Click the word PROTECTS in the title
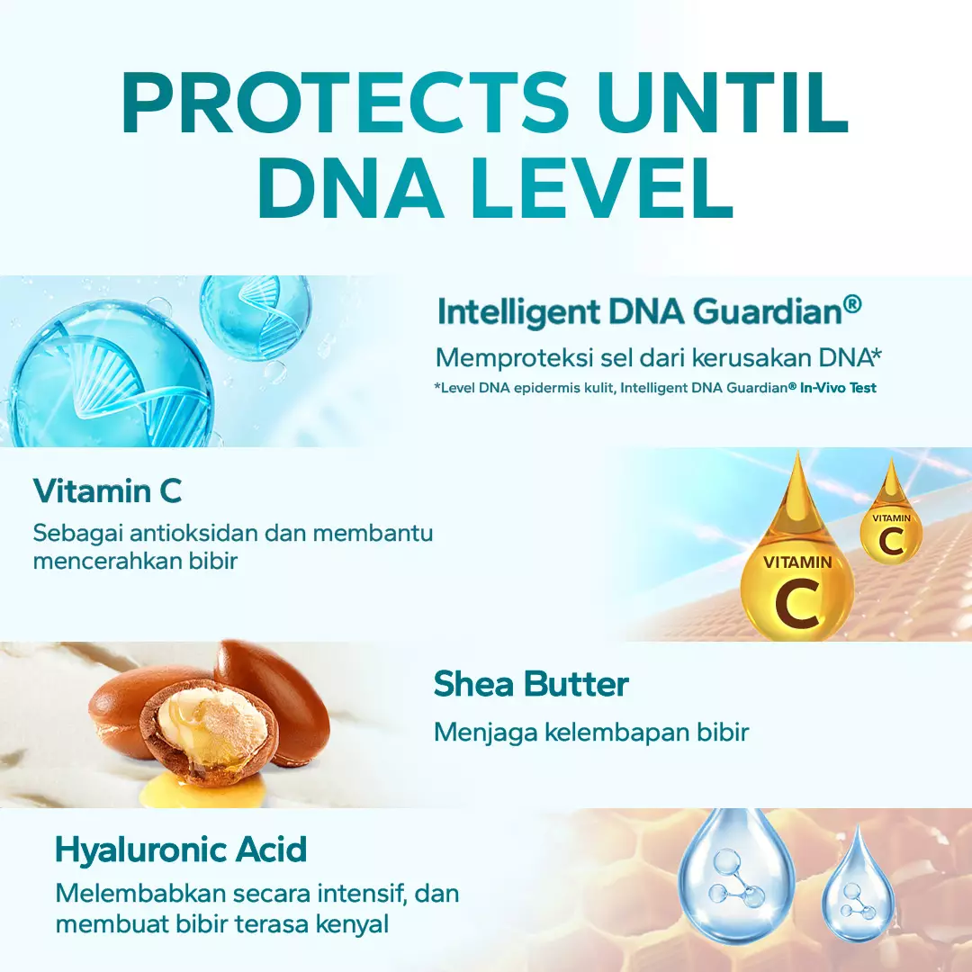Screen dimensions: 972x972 (346, 103)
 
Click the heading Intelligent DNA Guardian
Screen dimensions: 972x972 (649, 310)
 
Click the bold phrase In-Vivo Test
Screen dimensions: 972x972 (838, 388)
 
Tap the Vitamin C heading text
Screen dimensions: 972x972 (107, 491)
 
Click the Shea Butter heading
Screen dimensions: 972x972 (531, 684)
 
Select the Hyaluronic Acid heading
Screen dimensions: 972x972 (181, 850)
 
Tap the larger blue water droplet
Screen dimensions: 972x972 (736, 867)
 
